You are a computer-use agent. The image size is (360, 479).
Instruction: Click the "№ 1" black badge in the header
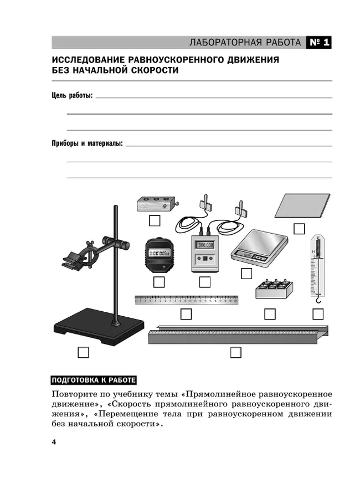pyautogui.click(x=318, y=43)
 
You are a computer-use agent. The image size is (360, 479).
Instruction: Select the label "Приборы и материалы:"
pyautogui.click(x=87, y=143)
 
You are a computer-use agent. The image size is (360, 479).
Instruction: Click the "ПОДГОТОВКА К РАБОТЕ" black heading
pyautogui.click(x=93, y=380)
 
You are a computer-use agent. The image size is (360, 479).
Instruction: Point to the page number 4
pyautogui.click(x=53, y=441)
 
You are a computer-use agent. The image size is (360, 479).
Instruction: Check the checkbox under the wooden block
pyautogui.click(x=155, y=220)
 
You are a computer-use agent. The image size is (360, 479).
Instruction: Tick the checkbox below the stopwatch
pyautogui.click(x=159, y=282)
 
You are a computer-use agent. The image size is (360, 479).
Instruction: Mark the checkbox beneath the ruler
pyautogui.click(x=186, y=314)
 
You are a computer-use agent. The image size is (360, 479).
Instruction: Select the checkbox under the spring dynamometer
pyautogui.click(x=318, y=314)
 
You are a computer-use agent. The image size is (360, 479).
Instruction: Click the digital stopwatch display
pyautogui.click(x=159, y=254)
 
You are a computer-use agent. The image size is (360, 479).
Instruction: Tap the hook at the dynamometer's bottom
pyautogui.click(x=318, y=300)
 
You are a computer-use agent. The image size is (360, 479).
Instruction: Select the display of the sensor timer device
pyautogui.click(x=205, y=244)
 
